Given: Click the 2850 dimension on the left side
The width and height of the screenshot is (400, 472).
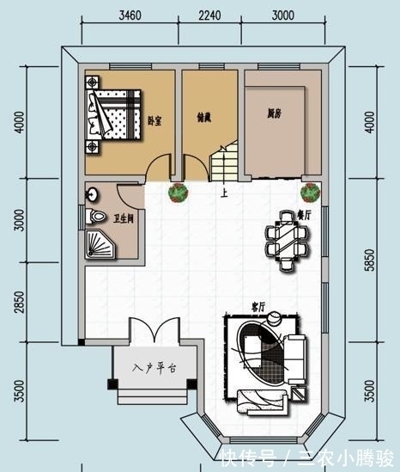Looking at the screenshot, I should tap(18, 306).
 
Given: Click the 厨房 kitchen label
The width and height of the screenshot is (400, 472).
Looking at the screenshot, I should tap(274, 113).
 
